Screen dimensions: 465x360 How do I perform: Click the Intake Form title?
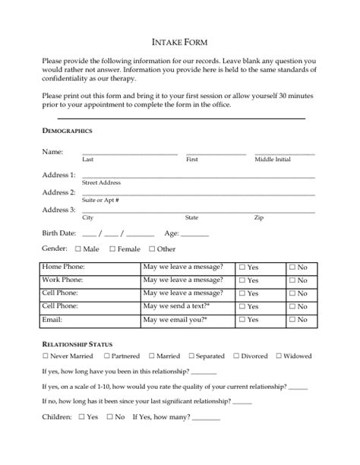point(179,42)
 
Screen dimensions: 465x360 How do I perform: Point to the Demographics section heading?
point(67,131)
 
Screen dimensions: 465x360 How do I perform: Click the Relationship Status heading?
point(77,344)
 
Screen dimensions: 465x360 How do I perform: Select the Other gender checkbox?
point(152,248)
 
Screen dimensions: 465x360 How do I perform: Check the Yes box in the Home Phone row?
point(242,267)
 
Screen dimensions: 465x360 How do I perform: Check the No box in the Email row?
point(292,320)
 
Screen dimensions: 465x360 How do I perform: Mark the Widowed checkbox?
point(279,356)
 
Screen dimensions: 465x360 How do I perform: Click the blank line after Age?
point(194,235)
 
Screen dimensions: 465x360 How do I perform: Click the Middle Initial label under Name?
point(272,160)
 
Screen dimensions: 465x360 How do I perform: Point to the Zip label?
point(259,218)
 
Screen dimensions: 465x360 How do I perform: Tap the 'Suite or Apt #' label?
point(100,200)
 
